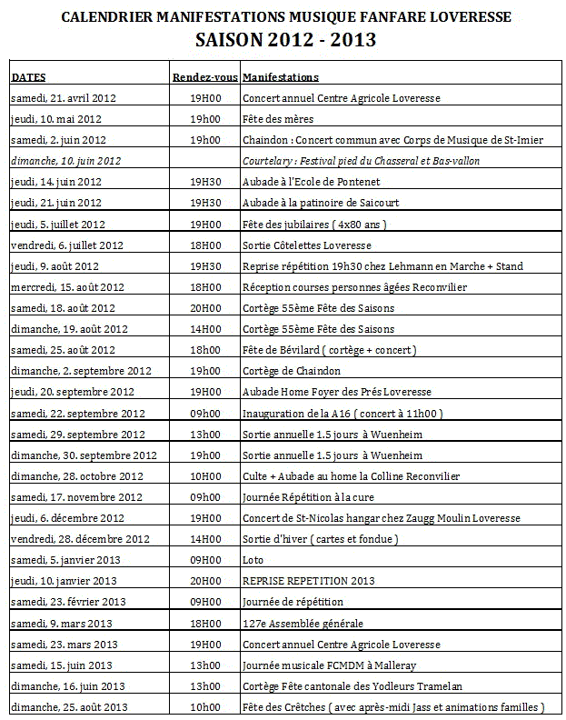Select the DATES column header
click(28, 77)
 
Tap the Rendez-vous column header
click(205, 77)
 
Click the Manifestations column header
click(281, 77)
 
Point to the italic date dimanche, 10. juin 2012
click(65, 161)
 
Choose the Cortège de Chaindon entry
click(292, 371)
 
